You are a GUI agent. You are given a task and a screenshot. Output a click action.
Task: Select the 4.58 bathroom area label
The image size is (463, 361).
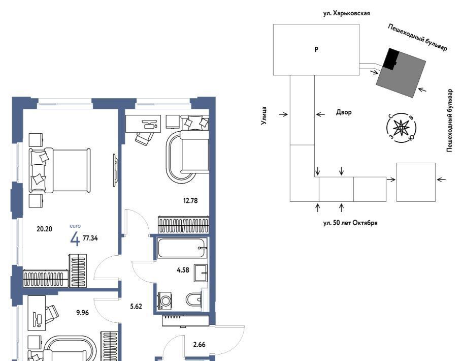183,270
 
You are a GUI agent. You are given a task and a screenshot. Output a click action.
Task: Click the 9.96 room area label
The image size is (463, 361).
81,313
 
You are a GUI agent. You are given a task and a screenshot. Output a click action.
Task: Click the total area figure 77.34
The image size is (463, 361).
90,237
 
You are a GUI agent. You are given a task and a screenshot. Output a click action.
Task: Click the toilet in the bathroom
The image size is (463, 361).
194,300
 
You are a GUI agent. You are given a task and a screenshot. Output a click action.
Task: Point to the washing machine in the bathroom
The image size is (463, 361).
166,300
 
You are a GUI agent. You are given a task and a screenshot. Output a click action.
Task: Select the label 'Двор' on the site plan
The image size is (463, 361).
344,112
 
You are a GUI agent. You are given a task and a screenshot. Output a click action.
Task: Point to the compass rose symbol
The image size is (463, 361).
401,128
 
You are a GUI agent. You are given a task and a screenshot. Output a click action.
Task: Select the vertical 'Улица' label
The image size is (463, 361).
264,116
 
